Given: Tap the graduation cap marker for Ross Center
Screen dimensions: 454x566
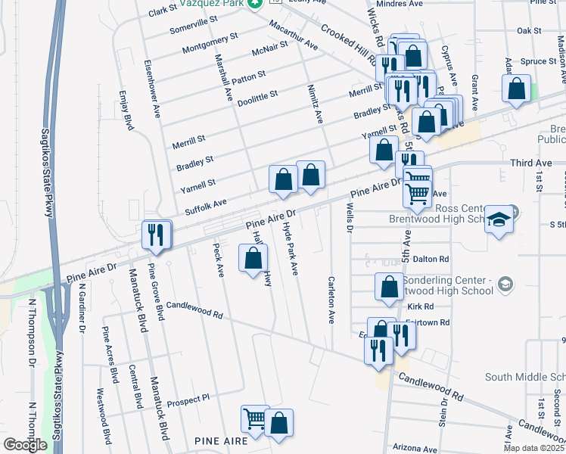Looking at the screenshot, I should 499,219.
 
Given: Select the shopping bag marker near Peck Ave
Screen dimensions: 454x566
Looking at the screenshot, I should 253,259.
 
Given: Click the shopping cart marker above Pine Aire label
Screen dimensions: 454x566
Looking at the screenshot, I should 255,418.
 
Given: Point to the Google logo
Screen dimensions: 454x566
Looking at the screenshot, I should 25,445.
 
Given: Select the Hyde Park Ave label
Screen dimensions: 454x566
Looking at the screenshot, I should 291,249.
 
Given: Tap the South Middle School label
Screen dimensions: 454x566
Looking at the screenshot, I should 525,377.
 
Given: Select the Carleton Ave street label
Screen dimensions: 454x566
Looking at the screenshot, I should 331,299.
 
